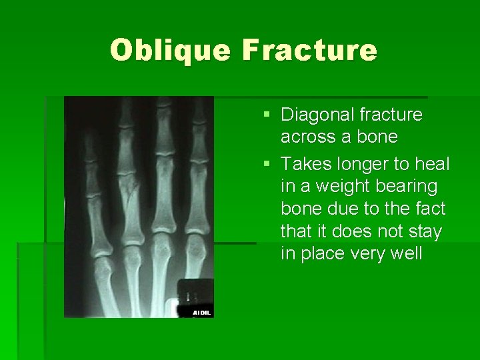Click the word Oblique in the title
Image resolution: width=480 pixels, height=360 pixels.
[171, 51]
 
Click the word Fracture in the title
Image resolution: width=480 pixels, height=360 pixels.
[310, 51]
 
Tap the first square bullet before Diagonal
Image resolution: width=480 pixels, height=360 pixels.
[267, 115]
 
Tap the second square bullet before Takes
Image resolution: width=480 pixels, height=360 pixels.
[267, 164]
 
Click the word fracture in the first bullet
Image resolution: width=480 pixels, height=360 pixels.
[391, 115]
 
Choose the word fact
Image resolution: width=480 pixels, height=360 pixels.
[431, 209]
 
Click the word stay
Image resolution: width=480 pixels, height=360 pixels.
[427, 232]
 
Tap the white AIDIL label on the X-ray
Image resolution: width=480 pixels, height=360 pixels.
[201, 312]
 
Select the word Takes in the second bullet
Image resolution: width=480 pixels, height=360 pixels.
[303, 163]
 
